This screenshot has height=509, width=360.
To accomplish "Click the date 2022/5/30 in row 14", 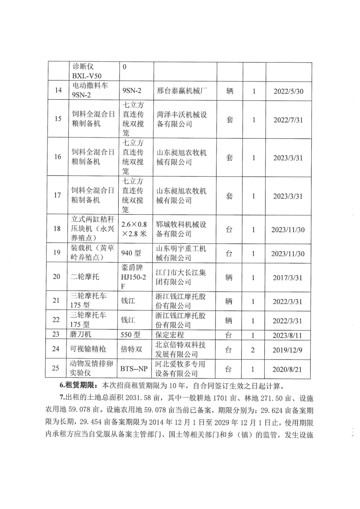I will [x=288, y=91].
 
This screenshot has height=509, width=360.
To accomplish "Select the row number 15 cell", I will [x=58, y=119].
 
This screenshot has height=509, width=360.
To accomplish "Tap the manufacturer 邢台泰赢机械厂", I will [x=182, y=91].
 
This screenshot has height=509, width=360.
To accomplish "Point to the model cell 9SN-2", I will [x=132, y=91].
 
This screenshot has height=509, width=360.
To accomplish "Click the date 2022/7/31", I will [x=288, y=120].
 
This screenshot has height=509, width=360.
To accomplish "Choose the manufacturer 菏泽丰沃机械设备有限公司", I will [x=182, y=119].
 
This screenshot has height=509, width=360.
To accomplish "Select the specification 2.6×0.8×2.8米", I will [x=134, y=229].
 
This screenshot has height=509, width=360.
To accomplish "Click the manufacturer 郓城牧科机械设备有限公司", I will [x=181, y=229].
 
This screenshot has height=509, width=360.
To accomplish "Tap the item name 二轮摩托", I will [x=85, y=277].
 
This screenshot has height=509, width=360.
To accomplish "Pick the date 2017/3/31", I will [x=287, y=278].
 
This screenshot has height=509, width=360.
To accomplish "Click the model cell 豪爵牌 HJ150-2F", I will [x=133, y=277].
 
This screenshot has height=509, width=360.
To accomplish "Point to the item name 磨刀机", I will [x=81, y=334].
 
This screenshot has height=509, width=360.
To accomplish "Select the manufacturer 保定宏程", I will [x=169, y=335].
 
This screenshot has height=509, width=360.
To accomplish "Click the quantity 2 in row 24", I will [x=253, y=350].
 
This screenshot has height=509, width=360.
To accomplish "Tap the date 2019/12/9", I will [x=287, y=350].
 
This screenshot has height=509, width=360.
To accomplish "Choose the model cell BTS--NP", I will [x=134, y=369].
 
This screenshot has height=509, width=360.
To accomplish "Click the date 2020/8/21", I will [x=287, y=369].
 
